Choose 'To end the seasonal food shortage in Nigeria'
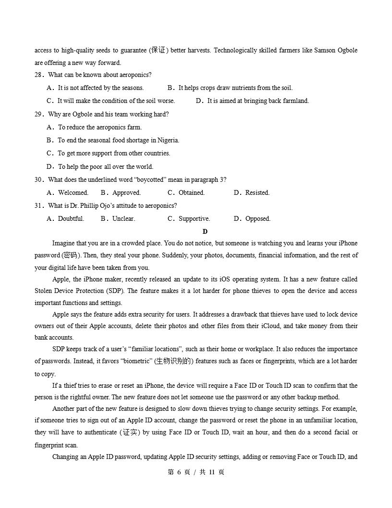118,140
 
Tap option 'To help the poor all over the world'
105,167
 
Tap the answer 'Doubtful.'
71,219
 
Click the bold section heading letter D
205,231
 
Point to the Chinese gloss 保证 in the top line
158,51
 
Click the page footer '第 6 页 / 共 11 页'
196,472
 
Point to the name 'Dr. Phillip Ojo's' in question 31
101,206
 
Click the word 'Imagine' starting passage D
64,243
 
